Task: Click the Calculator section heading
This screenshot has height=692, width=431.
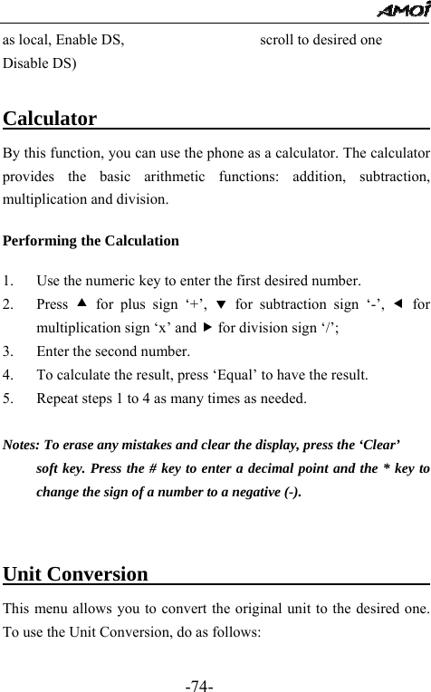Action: pos(52,120)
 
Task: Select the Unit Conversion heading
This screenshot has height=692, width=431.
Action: pos(77,574)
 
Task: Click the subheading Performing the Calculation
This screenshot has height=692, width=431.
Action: pos(91,242)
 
